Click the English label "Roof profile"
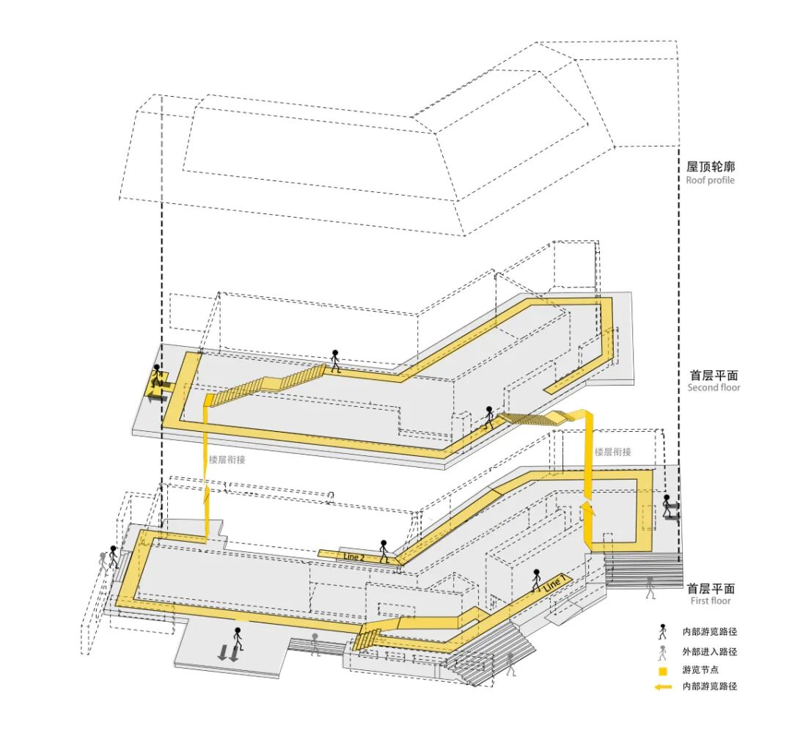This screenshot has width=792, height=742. [x=710, y=180]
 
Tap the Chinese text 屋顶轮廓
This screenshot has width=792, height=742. [x=710, y=167]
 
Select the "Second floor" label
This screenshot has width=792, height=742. [x=714, y=388]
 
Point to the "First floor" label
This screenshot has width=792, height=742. [x=711, y=601]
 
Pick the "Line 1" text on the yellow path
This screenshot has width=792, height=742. [x=554, y=584]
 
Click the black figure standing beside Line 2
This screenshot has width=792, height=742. [x=384, y=551]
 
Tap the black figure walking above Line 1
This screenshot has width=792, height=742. [x=536, y=579]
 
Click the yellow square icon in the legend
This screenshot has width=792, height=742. [x=663, y=670]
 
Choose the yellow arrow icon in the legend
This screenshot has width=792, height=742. [x=663, y=687]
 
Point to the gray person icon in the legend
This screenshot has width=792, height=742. [x=663, y=652]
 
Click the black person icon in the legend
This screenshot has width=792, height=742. [x=663, y=631]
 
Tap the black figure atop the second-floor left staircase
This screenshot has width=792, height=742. [x=335, y=361]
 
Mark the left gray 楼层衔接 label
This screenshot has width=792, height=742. [x=227, y=460]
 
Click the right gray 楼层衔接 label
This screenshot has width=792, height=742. [x=612, y=452]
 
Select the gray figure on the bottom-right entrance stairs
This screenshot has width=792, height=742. [x=511, y=664]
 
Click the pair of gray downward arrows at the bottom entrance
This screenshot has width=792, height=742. [x=228, y=653]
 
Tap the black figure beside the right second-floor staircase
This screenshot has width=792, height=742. [x=489, y=417]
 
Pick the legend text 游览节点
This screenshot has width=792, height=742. [x=699, y=670]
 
